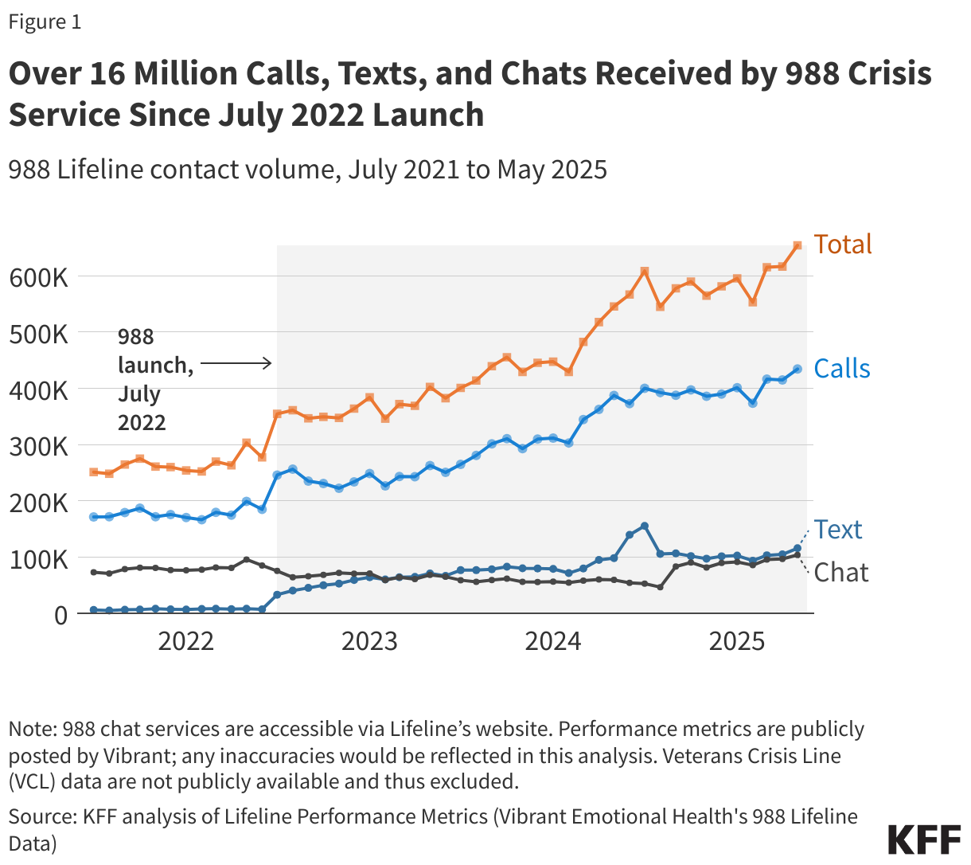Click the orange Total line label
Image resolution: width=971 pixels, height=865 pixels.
point(842,244)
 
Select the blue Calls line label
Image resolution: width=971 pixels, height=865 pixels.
point(842,369)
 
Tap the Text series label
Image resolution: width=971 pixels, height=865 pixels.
point(838,530)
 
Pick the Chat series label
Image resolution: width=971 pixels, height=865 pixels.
point(840,573)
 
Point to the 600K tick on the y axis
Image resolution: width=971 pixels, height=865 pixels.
point(38,278)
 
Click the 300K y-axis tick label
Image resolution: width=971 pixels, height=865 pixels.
point(38,446)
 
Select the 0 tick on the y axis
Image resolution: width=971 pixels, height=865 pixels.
point(60,615)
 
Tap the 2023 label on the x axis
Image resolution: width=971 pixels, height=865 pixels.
point(369,641)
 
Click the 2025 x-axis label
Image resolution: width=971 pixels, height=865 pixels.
point(736,641)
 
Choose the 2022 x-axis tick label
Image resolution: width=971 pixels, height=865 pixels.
point(185,641)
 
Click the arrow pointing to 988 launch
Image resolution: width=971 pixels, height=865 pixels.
point(236,364)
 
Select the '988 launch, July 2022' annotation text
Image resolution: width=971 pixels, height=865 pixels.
point(154,379)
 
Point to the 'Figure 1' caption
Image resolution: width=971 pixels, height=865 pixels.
point(45,22)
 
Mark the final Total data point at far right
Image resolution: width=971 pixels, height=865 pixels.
point(797,245)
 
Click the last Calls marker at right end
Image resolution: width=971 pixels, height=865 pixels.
point(797,369)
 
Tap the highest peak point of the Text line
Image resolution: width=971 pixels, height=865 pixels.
point(645,526)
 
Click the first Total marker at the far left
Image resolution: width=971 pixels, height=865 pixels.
point(94,472)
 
